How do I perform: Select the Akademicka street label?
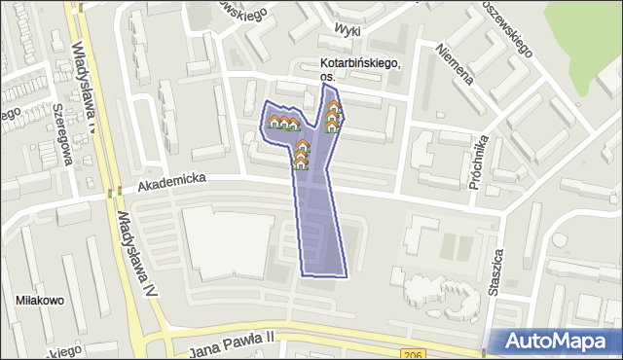click(170, 181)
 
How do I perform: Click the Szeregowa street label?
click(67, 133)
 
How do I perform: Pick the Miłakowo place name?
click(41, 301)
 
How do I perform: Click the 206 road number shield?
click(410, 353)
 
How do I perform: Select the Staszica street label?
click(497, 270)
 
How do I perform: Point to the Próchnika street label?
click(480, 159)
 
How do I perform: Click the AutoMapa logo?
click(557, 342)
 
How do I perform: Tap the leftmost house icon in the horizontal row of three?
click(275, 123)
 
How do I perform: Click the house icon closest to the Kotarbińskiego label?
click(334, 107)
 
